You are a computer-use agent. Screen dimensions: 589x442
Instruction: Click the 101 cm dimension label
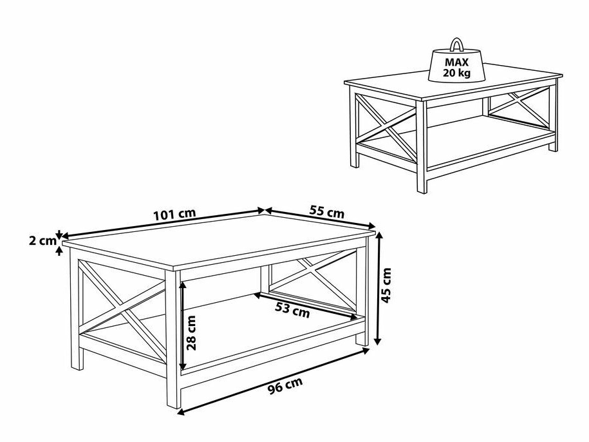[x=174, y=215]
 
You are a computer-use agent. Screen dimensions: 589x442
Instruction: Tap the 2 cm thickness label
[x=42, y=241]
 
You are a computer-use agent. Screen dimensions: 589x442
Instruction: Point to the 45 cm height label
[x=386, y=285]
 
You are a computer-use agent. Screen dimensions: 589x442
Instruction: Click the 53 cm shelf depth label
[x=293, y=310]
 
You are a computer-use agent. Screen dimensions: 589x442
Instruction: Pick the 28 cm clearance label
[x=192, y=332]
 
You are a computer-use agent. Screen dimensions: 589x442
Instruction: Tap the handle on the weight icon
[x=457, y=44]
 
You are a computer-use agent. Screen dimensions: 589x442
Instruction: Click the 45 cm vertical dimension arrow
[x=379, y=288]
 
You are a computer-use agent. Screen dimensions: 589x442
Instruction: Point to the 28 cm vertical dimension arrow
[x=183, y=325]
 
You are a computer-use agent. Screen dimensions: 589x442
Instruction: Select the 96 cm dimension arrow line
[x=273, y=381]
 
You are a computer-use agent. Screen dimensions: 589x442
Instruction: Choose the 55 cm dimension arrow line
[x=321, y=218]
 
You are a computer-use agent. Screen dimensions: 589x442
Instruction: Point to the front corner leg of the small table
[x=422, y=147]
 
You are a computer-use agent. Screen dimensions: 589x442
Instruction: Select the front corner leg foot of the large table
[x=174, y=401]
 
